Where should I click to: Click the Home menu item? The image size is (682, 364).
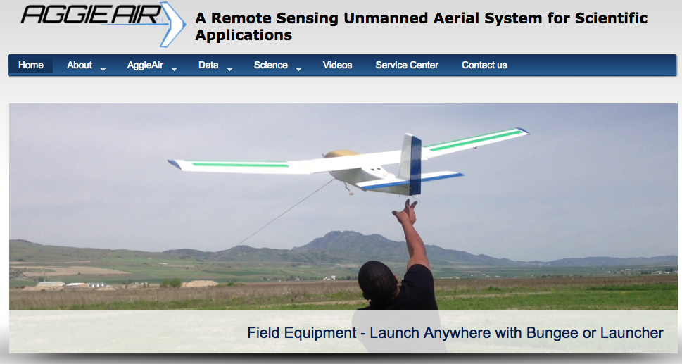31,65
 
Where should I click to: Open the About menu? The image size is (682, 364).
80,65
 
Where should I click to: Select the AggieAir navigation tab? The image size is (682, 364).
145,65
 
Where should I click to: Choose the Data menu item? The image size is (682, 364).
208,65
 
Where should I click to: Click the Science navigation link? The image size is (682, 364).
270,65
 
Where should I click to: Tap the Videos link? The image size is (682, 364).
338,65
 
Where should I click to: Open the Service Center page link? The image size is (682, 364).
407,65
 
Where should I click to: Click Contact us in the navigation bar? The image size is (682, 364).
484,65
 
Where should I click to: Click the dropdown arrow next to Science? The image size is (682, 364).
299,69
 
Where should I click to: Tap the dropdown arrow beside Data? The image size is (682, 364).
229,69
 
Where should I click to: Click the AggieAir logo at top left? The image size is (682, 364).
103,23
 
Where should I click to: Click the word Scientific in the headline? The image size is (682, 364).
611,18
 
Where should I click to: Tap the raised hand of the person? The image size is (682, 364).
405,212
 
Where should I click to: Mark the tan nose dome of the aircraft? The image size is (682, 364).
341,153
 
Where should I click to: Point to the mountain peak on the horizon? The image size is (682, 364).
335,235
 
